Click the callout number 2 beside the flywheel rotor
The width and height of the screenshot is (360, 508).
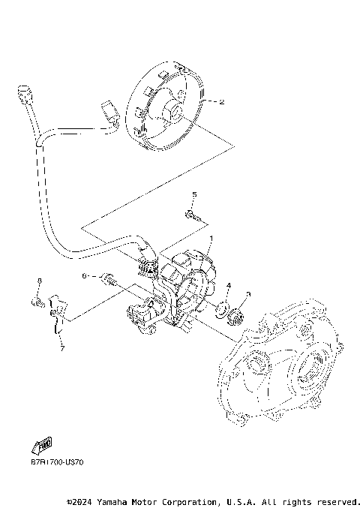tap(221, 102)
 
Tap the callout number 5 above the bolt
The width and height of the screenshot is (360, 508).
tap(193, 195)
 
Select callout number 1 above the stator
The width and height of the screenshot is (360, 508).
tap(211, 239)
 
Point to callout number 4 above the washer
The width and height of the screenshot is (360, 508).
tap(229, 286)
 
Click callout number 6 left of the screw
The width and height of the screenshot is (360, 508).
tap(85, 276)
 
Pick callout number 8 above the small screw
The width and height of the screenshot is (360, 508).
tap(39, 281)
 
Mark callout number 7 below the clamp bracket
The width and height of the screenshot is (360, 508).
tap(62, 348)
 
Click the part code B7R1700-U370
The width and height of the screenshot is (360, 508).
tap(57, 461)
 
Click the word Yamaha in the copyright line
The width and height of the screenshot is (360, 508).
tap(114, 500)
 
